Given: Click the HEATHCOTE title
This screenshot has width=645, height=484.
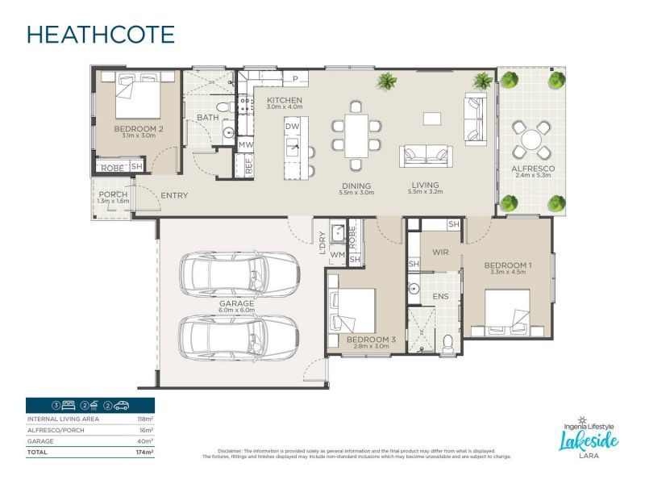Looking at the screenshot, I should tap(101, 35).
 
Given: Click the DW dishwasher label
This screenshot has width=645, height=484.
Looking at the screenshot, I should tap(292, 127).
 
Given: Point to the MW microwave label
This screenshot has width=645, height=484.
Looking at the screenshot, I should tap(246, 144).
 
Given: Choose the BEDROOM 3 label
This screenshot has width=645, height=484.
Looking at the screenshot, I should tap(371, 340).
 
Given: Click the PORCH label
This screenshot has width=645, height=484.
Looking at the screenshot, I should tap(113, 195).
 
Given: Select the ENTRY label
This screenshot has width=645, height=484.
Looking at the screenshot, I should tap(175, 195).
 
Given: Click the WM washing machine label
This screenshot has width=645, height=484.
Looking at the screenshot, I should tap(338, 255).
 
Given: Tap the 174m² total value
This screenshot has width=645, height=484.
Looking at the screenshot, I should tap(145, 453).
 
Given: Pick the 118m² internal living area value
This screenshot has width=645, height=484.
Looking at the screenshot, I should tap(145, 419).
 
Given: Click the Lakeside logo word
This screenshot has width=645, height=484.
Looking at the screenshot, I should tap(589, 440).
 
